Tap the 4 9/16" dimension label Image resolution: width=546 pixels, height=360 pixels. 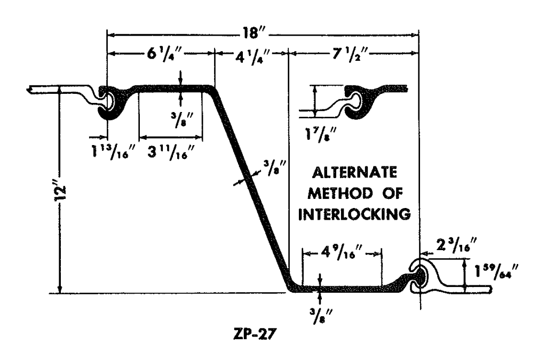342,251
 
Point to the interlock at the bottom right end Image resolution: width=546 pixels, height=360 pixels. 422,276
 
